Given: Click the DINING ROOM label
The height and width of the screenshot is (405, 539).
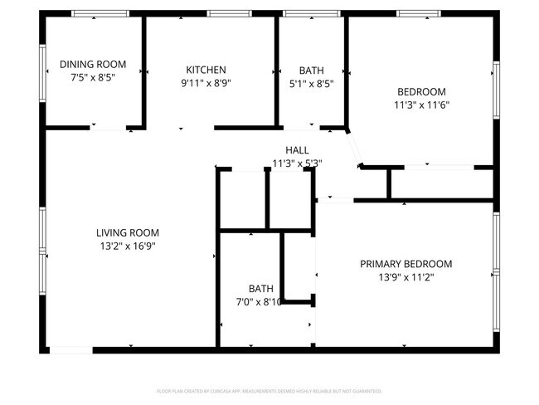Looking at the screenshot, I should (x=93, y=64).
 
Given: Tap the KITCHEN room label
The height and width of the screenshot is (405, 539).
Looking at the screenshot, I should (x=206, y=70).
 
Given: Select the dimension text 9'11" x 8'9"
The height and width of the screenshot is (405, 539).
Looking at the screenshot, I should (x=206, y=83).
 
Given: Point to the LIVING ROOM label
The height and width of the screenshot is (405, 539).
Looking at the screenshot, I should (x=127, y=233).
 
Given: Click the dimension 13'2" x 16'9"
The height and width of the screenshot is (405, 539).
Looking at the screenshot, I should (x=127, y=246).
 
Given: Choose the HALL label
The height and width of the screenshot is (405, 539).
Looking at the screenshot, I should (x=297, y=150).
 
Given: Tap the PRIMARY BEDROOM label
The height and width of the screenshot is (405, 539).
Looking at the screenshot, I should (x=405, y=264).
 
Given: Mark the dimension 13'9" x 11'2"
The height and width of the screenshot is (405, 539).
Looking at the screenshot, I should (x=405, y=278).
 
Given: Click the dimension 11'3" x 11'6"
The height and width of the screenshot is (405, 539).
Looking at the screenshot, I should (x=422, y=105).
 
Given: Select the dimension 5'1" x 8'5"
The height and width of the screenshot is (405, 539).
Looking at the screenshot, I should (x=311, y=83).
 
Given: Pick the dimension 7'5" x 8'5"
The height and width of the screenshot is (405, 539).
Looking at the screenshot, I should (x=93, y=77).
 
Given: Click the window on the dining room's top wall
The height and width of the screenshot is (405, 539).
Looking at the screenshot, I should (x=100, y=13).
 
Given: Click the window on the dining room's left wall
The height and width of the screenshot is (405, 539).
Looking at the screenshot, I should (x=42, y=72).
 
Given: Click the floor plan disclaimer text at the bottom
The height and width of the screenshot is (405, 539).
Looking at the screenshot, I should (x=269, y=390).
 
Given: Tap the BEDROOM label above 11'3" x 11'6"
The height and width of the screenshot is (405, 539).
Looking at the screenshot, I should (x=422, y=92).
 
